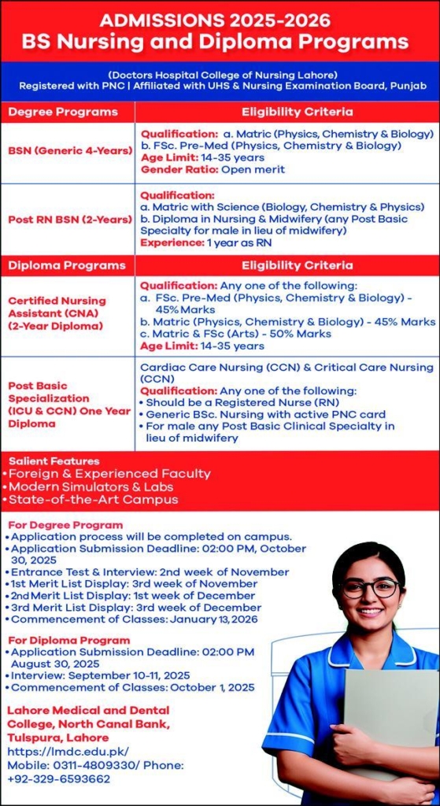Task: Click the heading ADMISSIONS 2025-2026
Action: (x=215, y=20)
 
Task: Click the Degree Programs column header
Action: (x=62, y=112)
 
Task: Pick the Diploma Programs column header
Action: (x=66, y=265)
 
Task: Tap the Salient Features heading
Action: (x=54, y=461)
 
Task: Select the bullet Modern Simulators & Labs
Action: (x=87, y=486)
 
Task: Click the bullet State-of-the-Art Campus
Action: (x=90, y=499)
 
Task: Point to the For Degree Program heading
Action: (x=66, y=525)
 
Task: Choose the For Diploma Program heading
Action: (x=69, y=641)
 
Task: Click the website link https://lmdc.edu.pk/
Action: (x=68, y=752)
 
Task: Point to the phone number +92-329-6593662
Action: (x=58, y=779)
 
